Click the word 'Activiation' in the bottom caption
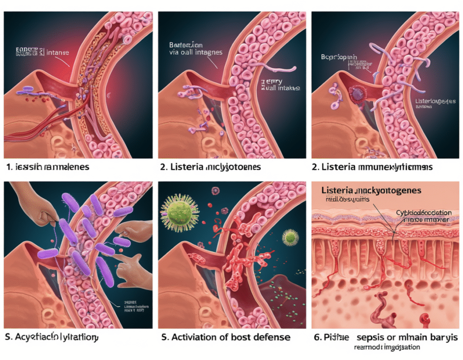193,337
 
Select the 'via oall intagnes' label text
195,52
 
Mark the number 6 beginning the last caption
318,337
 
